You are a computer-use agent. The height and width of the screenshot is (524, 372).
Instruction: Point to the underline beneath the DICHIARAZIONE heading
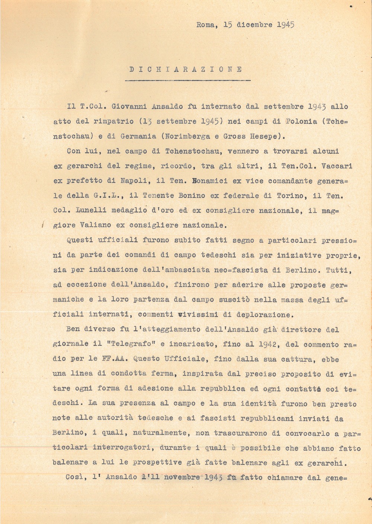pyautogui.click(x=188, y=80)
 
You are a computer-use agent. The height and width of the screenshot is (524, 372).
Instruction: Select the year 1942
pyautogui.click(x=265, y=345)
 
